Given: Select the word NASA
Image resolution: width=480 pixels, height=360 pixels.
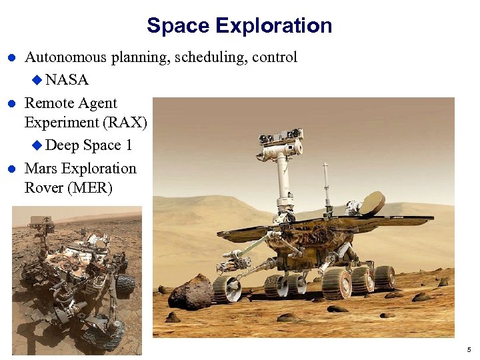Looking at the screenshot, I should click(x=67, y=80).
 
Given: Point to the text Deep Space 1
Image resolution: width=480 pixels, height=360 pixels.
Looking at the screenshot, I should click(x=88, y=145).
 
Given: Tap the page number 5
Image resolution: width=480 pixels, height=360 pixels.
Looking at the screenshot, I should click(x=469, y=349).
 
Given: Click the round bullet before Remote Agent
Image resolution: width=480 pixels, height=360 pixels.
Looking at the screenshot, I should click(x=11, y=104).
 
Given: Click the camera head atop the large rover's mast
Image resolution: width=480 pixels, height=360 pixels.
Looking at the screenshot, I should click(x=281, y=142).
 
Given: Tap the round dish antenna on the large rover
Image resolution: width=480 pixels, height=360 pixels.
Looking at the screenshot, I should click(x=371, y=203).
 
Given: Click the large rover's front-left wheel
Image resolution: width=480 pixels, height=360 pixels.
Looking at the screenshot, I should click(x=227, y=287).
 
